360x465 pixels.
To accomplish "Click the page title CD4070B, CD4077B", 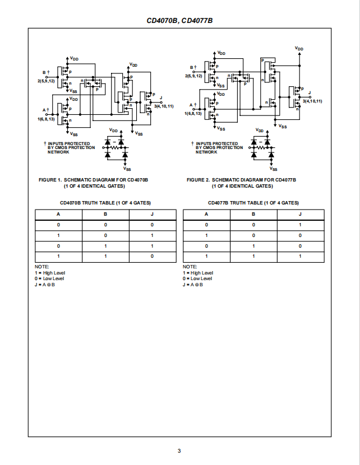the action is (179, 21).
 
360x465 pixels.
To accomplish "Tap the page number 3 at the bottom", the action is (179, 451).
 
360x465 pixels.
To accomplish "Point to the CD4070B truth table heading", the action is (105, 203).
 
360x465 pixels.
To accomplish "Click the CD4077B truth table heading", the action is (253, 203).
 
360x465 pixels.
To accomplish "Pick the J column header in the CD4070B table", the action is (153, 214).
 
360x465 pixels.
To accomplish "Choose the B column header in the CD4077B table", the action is (253, 214).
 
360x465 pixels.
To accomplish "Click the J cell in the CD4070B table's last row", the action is (153, 256).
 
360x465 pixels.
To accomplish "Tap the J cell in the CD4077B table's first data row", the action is (300, 225).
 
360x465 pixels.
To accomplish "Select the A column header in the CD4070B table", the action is (58, 214).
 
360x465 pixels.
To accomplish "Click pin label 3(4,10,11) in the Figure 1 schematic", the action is (164, 106).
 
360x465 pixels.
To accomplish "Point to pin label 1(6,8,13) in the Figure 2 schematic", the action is (193, 114).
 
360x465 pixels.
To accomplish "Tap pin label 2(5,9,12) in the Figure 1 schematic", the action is (47, 81).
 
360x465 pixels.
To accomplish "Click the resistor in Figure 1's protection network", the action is (114, 147).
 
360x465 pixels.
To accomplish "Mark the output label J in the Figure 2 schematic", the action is (310, 93).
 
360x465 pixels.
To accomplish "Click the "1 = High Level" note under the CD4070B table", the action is (50, 273).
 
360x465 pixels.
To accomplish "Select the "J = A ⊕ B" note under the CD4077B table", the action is (193, 285).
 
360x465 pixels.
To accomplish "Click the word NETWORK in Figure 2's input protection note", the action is (206, 152).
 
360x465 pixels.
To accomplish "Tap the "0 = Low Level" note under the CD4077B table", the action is (197, 278).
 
